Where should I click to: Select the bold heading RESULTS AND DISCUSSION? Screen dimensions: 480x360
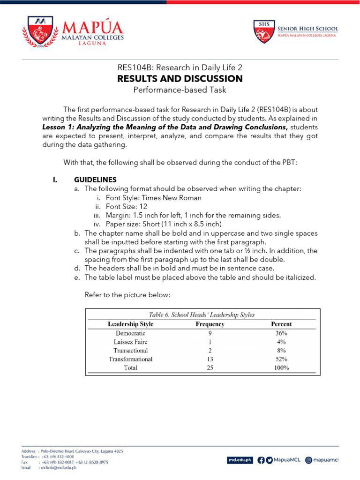pyautogui.click(x=180, y=78)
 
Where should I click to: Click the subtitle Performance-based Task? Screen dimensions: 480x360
pyautogui.click(x=180, y=90)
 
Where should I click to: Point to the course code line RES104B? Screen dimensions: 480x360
pyautogui.click(x=180, y=67)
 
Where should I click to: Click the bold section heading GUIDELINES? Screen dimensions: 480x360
pyautogui.click(x=95, y=180)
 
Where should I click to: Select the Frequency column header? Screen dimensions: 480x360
pyautogui.click(x=210, y=324)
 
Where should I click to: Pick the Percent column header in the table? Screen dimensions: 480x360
pyautogui.click(x=281, y=324)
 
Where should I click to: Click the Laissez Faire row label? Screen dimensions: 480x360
pyautogui.click(x=130, y=342)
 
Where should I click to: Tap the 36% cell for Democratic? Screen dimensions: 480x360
pyautogui.click(x=281, y=333)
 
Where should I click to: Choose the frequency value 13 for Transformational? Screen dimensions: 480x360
pyautogui.click(x=210, y=359)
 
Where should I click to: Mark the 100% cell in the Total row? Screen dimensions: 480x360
pyautogui.click(x=281, y=368)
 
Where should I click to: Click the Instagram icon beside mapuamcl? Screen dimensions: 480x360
pyautogui.click(x=308, y=460)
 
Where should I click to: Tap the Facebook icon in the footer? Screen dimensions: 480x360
pyautogui.click(x=261, y=460)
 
